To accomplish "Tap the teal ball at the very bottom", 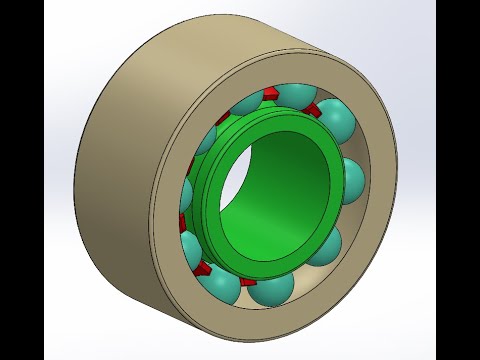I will point(272,287).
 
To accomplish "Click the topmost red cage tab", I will point(271,93).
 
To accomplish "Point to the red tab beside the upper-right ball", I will point(311,109).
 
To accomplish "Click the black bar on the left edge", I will point(21,180).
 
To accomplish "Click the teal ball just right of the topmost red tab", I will point(295,96).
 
